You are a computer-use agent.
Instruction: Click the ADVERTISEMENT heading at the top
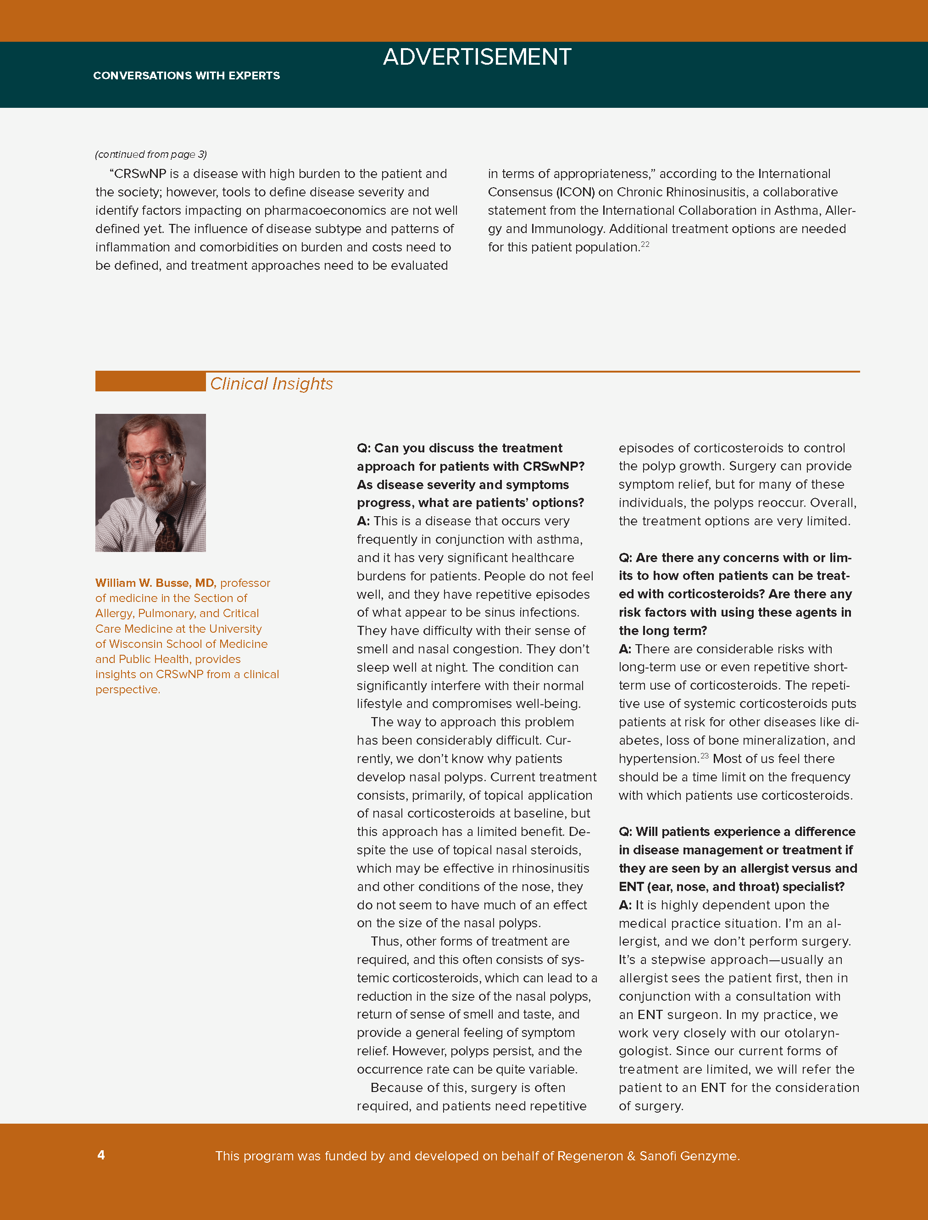pyautogui.click(x=477, y=57)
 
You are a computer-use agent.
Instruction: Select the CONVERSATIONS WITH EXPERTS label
pyautogui.click(x=186, y=76)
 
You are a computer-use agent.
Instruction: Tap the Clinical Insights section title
pyautogui.click(x=271, y=384)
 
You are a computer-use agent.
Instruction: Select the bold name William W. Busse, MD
pyautogui.click(x=155, y=583)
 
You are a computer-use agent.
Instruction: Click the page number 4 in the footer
pyautogui.click(x=101, y=1155)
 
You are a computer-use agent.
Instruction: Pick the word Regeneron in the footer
pyautogui.click(x=589, y=1156)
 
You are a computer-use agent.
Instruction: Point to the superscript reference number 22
pyautogui.click(x=645, y=244)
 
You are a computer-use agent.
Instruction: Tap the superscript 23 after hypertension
pyautogui.click(x=704, y=755)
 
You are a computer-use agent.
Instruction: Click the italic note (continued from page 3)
pyautogui.click(x=151, y=154)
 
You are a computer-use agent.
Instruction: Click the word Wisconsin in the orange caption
pyautogui.click(x=136, y=644)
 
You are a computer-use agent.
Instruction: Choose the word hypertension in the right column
pyautogui.click(x=658, y=759)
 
